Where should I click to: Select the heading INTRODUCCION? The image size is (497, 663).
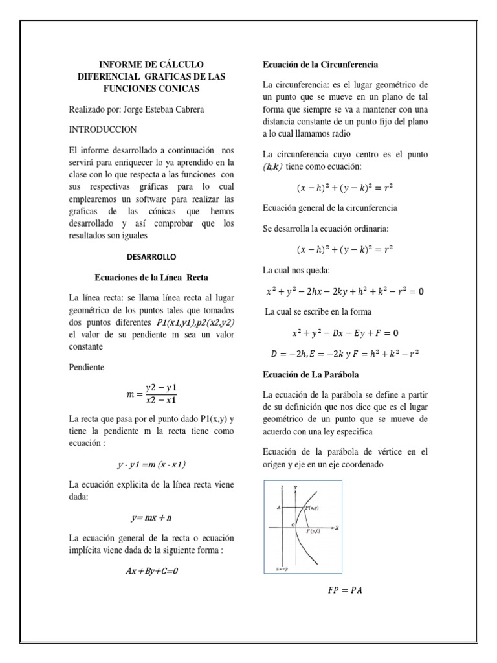(102, 129)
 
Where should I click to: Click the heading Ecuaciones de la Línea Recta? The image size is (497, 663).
(151, 277)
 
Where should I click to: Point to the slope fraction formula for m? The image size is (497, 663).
(152, 394)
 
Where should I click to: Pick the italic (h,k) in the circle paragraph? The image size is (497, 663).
(274, 166)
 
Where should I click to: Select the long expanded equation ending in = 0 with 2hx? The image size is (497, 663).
(345, 291)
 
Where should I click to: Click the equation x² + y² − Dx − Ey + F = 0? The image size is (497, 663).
(345, 333)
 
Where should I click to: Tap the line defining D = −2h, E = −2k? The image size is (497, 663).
(345, 354)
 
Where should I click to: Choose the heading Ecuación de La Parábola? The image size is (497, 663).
(311, 374)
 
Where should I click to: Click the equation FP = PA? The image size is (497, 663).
(346, 590)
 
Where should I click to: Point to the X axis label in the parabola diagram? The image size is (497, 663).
(337, 528)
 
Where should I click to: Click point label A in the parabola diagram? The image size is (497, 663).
(278, 509)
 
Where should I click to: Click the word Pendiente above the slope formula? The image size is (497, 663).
(86, 367)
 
